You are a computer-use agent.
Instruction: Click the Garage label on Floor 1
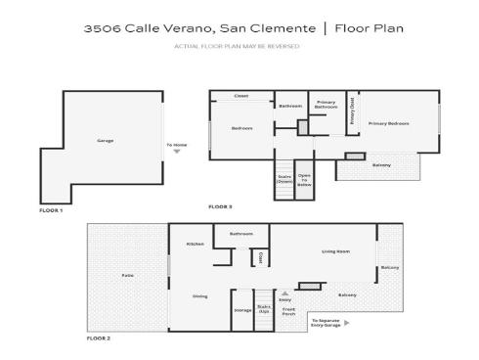pos(105,141)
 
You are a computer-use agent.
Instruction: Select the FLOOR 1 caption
pos(51,210)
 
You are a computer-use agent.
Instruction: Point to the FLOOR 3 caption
pos(220,206)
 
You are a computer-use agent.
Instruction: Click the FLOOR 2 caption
pos(99,337)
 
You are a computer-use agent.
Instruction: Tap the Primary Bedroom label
pos(388,123)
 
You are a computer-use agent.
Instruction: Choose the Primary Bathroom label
pos(326,107)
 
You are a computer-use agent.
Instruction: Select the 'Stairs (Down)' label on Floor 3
pos(284,179)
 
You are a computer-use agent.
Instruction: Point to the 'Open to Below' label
pos(304,179)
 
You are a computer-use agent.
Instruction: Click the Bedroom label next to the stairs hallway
pos(242,128)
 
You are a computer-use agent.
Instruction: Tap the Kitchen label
pos(196,244)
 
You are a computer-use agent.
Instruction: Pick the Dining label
pos(199,295)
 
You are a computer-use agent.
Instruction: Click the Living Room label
pos(335,251)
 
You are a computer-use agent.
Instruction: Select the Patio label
pos(127,275)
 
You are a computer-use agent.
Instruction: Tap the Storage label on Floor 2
pos(242,310)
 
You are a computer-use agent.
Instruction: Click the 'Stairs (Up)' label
pos(264,308)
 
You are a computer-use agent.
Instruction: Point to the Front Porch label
pos(288,312)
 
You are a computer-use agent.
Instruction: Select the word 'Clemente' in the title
pos(288,28)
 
